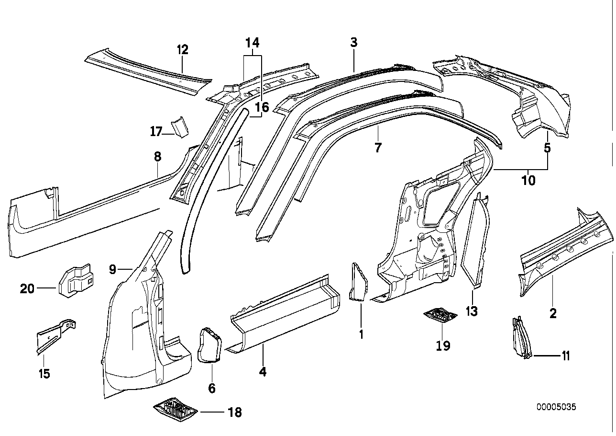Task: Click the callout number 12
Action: pos(183,49)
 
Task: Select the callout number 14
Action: pos(253,43)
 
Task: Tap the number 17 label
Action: pos(156,131)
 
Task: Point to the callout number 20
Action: pos(27,288)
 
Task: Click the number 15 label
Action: pos(44,373)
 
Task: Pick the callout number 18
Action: pos(235,412)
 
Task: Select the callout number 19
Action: pos(443,345)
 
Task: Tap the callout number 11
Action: pos(565,356)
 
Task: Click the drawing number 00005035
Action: pos(556,407)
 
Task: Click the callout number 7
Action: pos(378,148)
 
